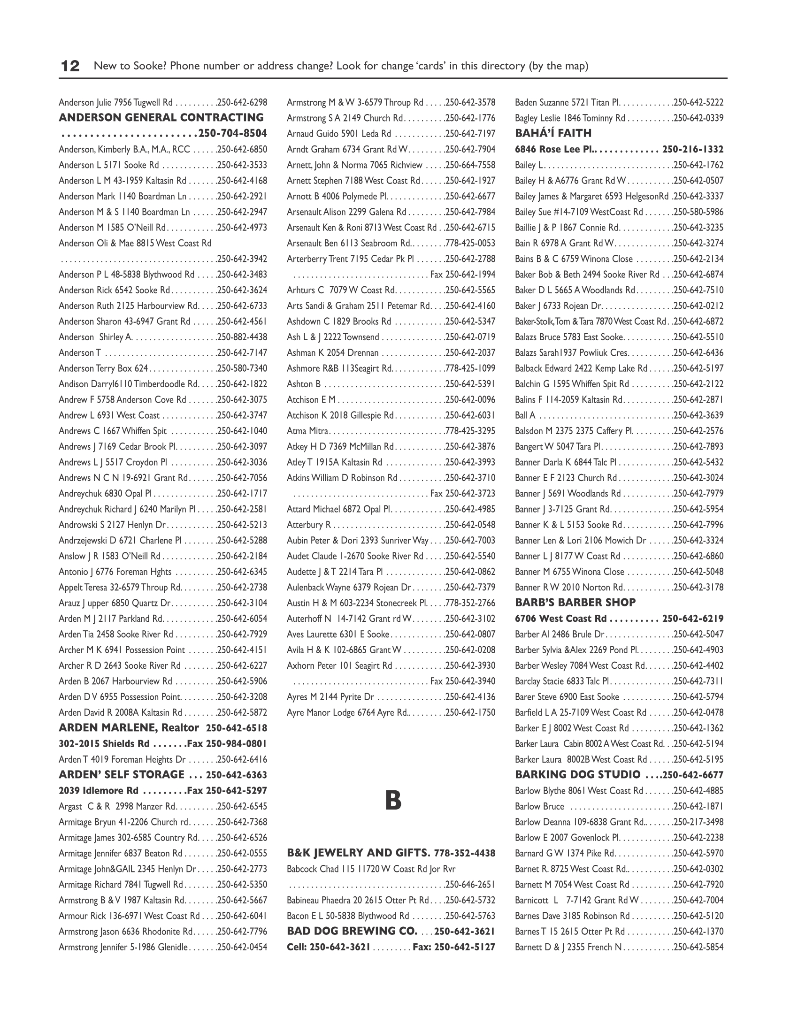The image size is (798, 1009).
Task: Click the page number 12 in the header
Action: (x=70, y=66)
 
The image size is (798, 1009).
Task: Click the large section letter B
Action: (x=393, y=801)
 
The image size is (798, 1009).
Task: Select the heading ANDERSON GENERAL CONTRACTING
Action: (x=161, y=118)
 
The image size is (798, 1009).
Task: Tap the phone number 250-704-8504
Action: (x=233, y=134)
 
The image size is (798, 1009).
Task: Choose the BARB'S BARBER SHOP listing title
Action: (x=575, y=603)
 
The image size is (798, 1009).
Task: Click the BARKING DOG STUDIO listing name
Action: (x=577, y=775)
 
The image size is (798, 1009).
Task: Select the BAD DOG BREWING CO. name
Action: (x=352, y=931)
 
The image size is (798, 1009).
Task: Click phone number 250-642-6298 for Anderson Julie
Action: (x=243, y=102)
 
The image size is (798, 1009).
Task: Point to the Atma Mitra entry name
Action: (x=308, y=431)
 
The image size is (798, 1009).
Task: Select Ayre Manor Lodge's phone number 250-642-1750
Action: (x=470, y=712)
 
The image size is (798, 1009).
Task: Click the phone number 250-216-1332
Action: (x=692, y=150)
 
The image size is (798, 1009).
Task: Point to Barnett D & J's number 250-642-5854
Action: (x=698, y=947)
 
